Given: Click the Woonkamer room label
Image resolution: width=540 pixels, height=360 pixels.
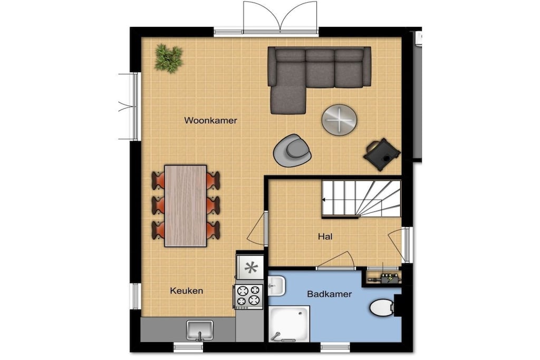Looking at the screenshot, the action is pos(210,121).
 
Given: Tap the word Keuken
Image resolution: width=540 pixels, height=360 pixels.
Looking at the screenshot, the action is pos(186,291).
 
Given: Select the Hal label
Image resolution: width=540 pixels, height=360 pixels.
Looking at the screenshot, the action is pos(325,237).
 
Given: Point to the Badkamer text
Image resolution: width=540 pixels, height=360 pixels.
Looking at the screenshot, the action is pos(329,294).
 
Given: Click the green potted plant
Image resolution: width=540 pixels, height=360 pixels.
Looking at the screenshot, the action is pos(168,58).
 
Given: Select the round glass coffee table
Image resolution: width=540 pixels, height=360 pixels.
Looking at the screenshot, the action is pos(339,120).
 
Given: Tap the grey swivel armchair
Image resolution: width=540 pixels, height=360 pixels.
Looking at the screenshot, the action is pos(292,150).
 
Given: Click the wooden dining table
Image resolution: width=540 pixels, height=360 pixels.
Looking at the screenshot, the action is pos(186,206).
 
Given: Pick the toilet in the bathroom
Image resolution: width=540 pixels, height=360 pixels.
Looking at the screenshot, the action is pos(382,307).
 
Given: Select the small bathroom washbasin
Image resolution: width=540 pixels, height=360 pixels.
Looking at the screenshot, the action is pos(276,286).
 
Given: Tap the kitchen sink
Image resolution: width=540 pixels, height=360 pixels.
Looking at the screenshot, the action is pos(200,330).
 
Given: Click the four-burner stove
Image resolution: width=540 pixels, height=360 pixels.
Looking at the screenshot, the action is pos(249,296).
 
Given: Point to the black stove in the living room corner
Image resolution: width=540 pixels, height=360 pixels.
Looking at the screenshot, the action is pos(382,154).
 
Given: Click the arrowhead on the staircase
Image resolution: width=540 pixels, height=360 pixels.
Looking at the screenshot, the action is pos(324,200).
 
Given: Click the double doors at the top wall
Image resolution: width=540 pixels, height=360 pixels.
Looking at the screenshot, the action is pos(280,17).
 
